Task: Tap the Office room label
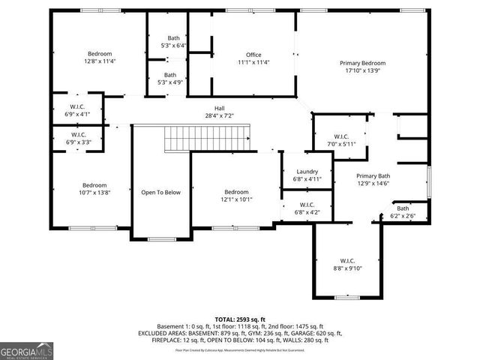point(253,55)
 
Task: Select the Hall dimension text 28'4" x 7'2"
point(220,115)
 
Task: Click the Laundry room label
point(307,172)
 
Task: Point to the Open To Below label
point(161,193)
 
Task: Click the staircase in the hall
point(205,138)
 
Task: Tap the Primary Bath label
point(373,174)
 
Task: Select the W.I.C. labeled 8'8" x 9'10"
point(348,263)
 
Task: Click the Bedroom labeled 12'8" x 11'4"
point(100,56)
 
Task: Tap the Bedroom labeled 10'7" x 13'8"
point(94,188)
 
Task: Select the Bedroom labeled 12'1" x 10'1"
point(236,195)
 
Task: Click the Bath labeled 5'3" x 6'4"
point(174,41)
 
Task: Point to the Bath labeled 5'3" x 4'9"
point(171,78)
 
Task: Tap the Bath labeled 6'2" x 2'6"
point(403,211)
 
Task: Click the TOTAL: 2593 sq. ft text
point(240,319)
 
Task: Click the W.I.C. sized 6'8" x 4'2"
point(307,208)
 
